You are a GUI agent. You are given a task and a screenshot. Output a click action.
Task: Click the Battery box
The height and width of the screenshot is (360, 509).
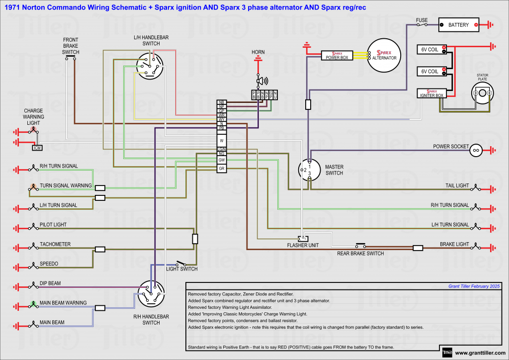pos(458,25)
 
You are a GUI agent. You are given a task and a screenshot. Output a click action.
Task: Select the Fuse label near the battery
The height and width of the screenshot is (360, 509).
pos(422,20)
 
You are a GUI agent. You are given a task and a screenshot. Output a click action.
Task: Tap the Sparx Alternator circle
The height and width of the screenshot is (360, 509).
pos(384,55)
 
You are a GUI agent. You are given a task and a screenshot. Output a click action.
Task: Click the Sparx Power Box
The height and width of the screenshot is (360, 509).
pos(337,55)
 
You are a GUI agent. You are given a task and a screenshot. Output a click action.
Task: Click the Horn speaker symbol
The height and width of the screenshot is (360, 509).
pos(260,81)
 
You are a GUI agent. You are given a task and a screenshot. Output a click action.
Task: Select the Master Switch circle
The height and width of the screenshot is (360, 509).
pos(309,170)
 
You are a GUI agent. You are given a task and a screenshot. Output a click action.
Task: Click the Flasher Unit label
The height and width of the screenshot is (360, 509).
pos(303,245)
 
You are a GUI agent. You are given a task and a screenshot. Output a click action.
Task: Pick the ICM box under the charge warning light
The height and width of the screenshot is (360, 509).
pos(37,148)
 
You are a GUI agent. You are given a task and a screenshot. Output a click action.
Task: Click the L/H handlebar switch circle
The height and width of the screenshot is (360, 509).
pos(150,66)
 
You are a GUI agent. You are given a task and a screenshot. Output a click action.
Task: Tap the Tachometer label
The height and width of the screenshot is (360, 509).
pos(55,244)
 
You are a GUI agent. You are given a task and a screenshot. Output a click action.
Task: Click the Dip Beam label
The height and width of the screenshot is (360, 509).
pos(50,283)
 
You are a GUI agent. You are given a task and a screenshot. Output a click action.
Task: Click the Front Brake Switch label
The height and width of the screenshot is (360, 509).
pos(71,46)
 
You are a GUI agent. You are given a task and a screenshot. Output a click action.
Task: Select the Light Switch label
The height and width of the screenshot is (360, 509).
pos(181,269)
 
